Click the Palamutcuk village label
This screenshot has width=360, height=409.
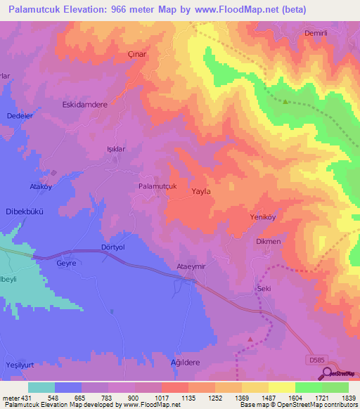(157, 186)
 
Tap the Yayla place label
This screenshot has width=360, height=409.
(201, 190)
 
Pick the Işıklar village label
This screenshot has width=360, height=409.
(115, 149)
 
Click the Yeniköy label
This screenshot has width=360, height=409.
(265, 217)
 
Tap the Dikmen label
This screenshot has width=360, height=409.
(268, 242)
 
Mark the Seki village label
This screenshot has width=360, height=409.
(264, 289)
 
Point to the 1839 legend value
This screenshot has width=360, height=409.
(348, 398)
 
